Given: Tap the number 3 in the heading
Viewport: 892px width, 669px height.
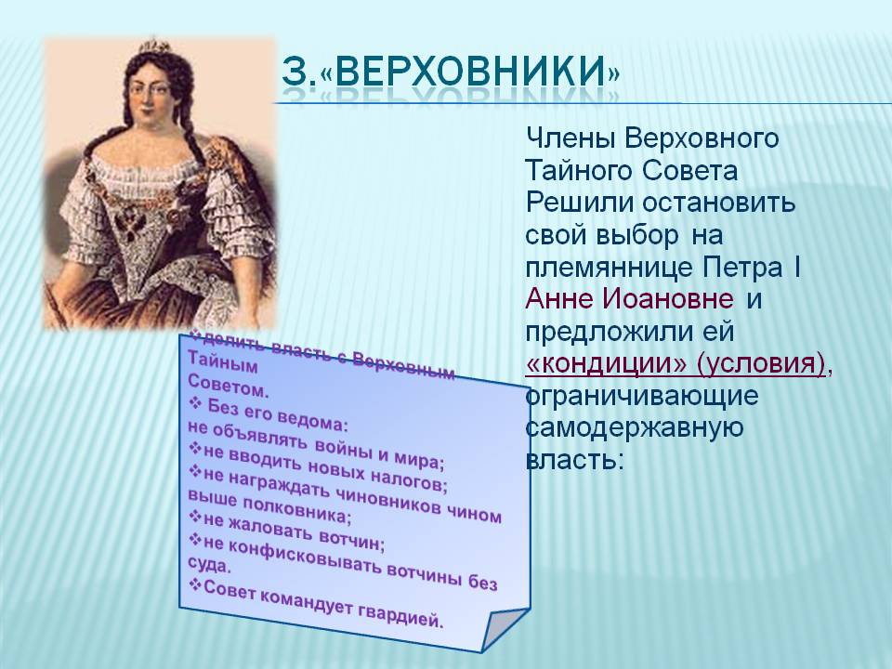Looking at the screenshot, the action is pyautogui.click(x=294, y=72).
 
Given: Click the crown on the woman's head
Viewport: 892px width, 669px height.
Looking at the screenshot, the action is pyautogui.click(x=154, y=46).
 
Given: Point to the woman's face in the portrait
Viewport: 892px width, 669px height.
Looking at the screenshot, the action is pyautogui.click(x=150, y=95).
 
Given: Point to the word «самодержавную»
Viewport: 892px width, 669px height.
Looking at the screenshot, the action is pyautogui.click(x=635, y=427).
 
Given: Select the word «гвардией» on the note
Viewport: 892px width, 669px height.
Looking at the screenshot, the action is pyautogui.click(x=400, y=615).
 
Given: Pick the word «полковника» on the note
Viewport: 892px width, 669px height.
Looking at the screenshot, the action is pyautogui.click(x=295, y=508).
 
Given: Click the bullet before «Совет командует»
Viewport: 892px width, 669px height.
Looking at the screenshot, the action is pyautogui.click(x=194, y=585).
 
